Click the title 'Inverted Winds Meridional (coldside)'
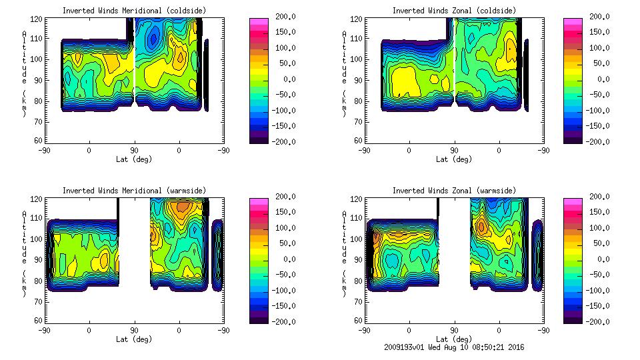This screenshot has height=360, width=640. [134, 11]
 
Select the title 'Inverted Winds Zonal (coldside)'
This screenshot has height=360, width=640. [454, 11]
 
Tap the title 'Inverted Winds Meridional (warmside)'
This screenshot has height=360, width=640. [134, 191]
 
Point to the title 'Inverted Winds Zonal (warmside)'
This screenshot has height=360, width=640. [454, 191]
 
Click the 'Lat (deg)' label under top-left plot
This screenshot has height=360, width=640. [134, 159]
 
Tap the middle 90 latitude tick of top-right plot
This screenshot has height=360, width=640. [454, 151]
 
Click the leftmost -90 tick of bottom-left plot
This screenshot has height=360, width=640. [44, 329]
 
